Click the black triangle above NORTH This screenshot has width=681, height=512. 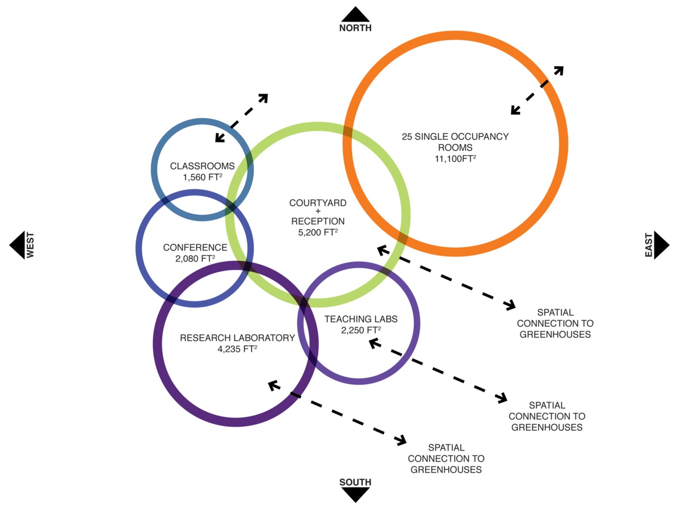tap(356, 14)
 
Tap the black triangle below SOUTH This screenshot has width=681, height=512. tap(356, 494)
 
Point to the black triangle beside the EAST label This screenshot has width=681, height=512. tap(661, 245)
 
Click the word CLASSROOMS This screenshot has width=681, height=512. tap(203, 166)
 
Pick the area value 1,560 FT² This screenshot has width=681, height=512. tap(203, 177)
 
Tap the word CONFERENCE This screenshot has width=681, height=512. tap(195, 248)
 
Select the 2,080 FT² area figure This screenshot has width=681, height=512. tap(195, 259)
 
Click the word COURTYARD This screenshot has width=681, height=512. tap(318, 203)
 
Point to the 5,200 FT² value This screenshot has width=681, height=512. tap(318, 232)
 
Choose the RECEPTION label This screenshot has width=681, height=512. tap(318, 221)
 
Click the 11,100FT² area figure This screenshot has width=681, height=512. tap(455, 159)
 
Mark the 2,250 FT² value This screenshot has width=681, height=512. tap(361, 330)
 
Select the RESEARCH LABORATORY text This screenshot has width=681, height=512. tap(238, 338)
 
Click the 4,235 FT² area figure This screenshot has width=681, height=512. tap(238, 349)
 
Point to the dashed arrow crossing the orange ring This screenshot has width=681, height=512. tap(537, 90)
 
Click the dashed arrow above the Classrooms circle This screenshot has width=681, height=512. tap(241, 118)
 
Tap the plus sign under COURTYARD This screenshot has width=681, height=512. tap(318, 212)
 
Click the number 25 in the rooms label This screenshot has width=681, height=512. tap(407, 137)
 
